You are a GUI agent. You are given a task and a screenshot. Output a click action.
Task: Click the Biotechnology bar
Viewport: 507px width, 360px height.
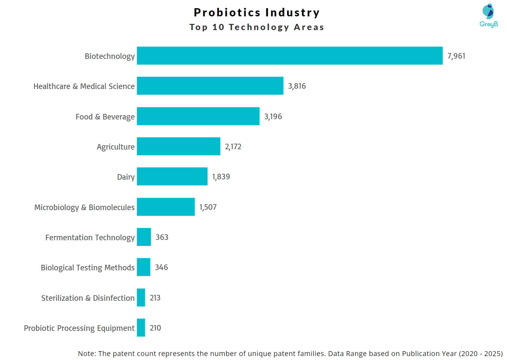click(x=289, y=56)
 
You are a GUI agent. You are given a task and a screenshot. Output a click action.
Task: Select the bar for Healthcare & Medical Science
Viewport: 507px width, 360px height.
click(x=210, y=86)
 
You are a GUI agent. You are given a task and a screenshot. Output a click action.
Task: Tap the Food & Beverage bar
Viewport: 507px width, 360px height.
click(x=198, y=116)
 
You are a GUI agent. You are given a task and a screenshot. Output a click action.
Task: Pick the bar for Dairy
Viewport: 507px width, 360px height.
click(x=172, y=176)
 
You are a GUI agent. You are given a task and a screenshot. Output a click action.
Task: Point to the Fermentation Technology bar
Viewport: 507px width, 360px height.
click(x=144, y=237)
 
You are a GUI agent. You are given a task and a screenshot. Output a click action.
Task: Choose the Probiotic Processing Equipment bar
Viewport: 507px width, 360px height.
click(x=141, y=328)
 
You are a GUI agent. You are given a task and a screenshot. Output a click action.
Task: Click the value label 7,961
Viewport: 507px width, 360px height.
click(x=456, y=56)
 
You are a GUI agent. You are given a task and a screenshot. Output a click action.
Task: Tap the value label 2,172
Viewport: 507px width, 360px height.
click(x=233, y=147)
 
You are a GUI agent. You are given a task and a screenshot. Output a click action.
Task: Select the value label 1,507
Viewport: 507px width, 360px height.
click(x=208, y=207)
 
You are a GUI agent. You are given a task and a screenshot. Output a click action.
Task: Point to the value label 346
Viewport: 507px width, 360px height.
click(x=161, y=267)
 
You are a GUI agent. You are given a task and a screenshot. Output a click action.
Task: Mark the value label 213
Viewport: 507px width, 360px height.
click(x=155, y=298)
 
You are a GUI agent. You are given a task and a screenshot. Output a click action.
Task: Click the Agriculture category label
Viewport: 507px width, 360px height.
click(x=115, y=147)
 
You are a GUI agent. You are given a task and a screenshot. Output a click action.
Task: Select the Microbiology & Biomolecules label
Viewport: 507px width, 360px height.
click(x=84, y=207)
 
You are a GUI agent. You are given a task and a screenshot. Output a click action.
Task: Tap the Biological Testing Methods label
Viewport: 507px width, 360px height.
click(x=88, y=268)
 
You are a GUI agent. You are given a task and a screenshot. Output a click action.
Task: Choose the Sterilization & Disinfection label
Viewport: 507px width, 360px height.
click(x=88, y=298)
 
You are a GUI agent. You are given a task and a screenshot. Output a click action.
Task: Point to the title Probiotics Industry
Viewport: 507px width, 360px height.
click(x=257, y=12)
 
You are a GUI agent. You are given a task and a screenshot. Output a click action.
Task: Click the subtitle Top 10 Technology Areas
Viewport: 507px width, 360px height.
click(x=257, y=27)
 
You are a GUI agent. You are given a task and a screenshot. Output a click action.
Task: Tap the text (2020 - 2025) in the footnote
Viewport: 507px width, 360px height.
click(x=481, y=354)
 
